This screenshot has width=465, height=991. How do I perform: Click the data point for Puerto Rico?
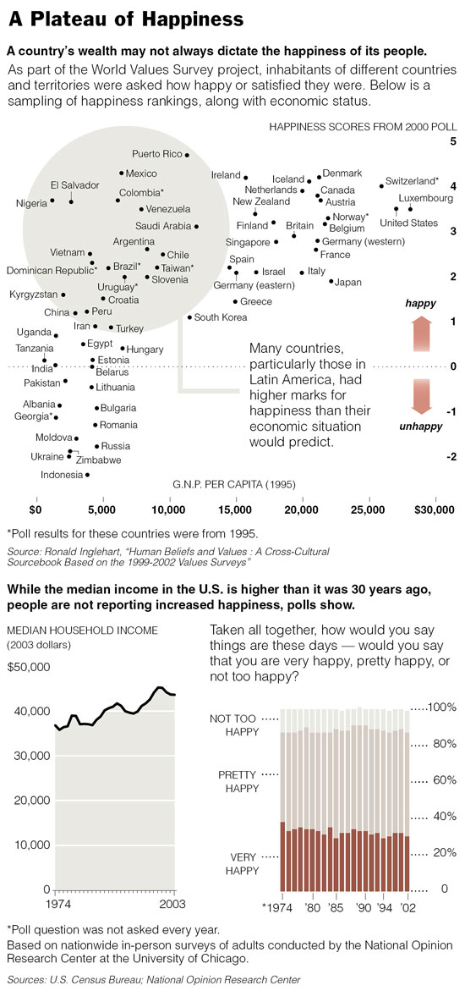pyautogui.click(x=187, y=155)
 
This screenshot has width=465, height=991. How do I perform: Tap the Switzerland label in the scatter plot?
pyautogui.click(x=413, y=180)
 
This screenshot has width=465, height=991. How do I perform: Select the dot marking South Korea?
pyautogui.click(x=189, y=317)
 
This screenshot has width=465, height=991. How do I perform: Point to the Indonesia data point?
pyautogui.click(x=87, y=475)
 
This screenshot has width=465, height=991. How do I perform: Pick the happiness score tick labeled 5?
pyautogui.click(x=453, y=141)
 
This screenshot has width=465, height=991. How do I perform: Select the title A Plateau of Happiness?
pyautogui.click(x=126, y=19)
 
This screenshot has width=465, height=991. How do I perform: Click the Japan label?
pyautogui.click(x=347, y=282)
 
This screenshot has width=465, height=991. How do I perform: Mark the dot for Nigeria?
pyautogui.click(x=52, y=201)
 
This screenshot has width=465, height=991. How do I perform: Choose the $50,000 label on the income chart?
pyautogui.click(x=29, y=668)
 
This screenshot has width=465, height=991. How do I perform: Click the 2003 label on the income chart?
pyautogui.click(x=172, y=902)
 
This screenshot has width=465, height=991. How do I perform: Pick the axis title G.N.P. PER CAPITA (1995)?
pyautogui.click(x=233, y=485)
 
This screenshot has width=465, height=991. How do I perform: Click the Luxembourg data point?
pyautogui.click(x=410, y=208)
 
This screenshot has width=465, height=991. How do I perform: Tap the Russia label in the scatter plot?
pyautogui.click(x=116, y=446)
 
